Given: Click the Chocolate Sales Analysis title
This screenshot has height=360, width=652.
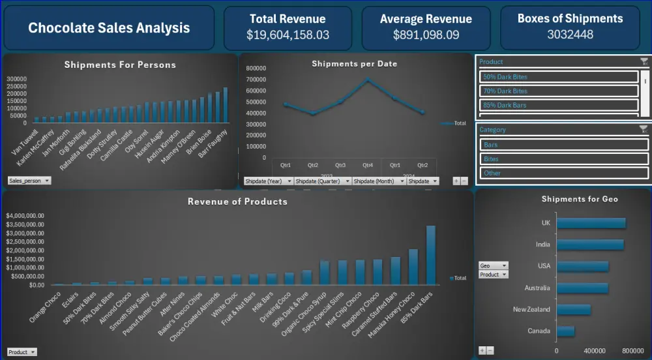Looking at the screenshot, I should pos(109,27).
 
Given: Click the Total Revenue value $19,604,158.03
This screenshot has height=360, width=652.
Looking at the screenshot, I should pos(288,35).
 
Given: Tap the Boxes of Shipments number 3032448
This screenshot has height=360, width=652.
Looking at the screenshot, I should pos(570,35).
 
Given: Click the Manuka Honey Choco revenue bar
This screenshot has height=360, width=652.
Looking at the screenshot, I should pos(413,267).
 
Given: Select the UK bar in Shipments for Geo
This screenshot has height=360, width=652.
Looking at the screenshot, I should pos(591,223).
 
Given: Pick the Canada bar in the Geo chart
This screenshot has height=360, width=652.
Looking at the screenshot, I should pos(565,331).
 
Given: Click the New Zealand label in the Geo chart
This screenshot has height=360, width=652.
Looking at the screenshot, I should pos(531,309).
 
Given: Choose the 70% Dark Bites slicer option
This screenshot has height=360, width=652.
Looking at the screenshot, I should pos(559,91).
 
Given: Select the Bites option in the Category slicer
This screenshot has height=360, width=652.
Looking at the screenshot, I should pos(564,158).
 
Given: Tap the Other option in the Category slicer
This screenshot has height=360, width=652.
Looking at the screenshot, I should pos(564,173).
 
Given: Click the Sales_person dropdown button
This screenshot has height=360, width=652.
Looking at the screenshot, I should pos(29,181).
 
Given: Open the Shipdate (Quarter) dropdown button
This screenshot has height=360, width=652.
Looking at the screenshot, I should pos(322,181).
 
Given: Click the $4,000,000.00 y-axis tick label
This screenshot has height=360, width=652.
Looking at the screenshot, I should pos(25,216).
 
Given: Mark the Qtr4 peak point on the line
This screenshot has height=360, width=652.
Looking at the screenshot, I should pos(368,80).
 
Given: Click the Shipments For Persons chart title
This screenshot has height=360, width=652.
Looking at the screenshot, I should pos(120,65).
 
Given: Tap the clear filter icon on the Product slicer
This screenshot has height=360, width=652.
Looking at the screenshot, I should pos(644,61).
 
